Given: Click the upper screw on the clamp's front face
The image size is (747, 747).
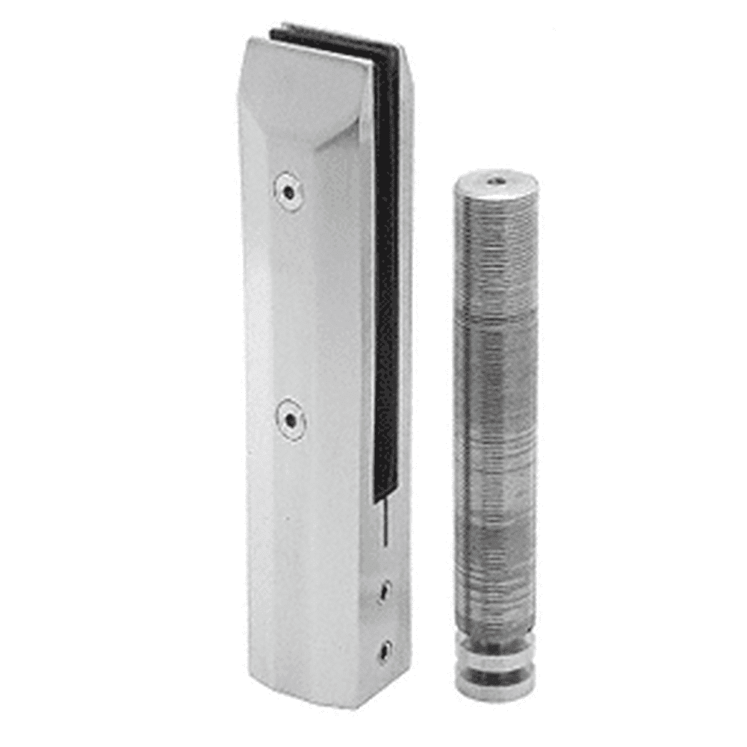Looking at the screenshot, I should [x=288, y=191].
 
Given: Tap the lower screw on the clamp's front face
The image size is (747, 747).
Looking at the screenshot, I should [x=291, y=420].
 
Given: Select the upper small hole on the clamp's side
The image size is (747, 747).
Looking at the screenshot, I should [x=383, y=592].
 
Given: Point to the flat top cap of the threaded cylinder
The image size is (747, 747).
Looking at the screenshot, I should [x=495, y=183].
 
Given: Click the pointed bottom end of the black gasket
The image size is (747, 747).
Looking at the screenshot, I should [x=382, y=496].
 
